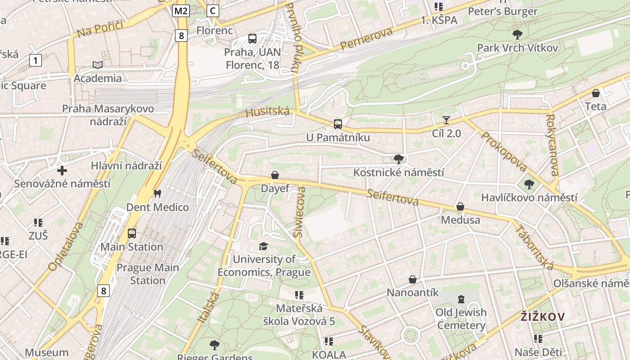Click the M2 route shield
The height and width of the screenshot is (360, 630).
180,11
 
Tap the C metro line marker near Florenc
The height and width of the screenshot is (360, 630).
213,11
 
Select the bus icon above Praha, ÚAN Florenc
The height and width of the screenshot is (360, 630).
252,39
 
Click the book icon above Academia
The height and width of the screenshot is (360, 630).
98,65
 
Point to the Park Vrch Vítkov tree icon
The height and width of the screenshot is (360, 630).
517,34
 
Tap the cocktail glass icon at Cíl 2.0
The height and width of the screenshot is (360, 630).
446,120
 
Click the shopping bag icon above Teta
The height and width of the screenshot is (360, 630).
596,93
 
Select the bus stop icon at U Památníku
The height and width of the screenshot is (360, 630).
337,124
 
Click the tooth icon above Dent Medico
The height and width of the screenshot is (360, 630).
157,194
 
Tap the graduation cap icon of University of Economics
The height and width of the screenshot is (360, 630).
263,246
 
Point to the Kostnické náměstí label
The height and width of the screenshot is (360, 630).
398,172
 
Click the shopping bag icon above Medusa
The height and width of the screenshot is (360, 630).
460,207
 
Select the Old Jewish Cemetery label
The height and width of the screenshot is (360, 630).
461,319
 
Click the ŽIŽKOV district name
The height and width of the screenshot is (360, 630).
542,316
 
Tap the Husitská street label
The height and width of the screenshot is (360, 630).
267,112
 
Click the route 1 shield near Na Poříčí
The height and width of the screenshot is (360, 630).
36,60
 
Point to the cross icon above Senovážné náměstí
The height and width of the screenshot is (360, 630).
62,171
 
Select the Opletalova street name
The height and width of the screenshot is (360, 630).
65,246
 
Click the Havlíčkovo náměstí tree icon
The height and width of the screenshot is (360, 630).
529,184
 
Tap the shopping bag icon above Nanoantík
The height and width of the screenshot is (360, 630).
413,279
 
